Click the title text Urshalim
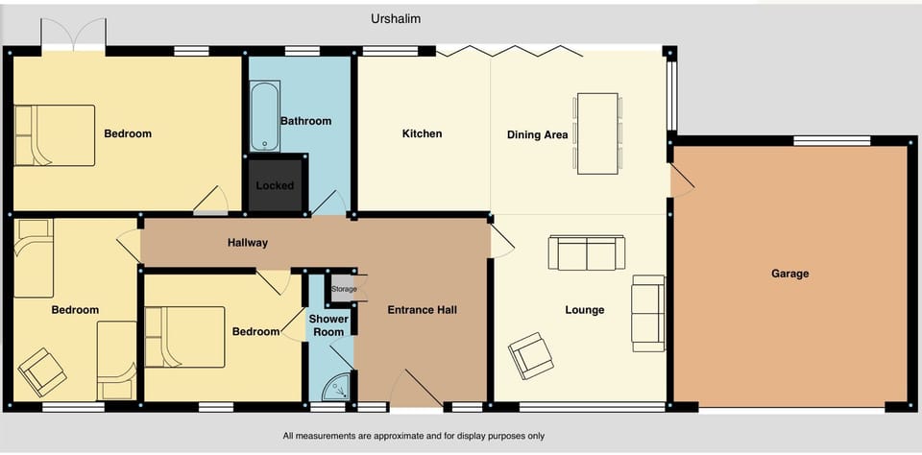pos(396,18)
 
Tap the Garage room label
pos(789,274)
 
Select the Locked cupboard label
pos(275,185)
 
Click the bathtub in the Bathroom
pos(264,118)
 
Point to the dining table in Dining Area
pos(596,133)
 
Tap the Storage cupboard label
pos(343,289)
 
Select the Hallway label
pos(248,243)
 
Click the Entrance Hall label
pos(422,310)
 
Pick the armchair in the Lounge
pos(531,355)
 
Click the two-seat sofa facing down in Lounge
pos(586,253)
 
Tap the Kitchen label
pos(422,133)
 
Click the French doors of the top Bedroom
pos(73,36)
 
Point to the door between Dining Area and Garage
pos(680,180)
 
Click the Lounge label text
pos(584,310)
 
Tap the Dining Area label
pos(537,135)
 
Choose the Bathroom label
pos(305,121)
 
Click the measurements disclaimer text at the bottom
pos(413,436)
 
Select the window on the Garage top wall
pos(832,141)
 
